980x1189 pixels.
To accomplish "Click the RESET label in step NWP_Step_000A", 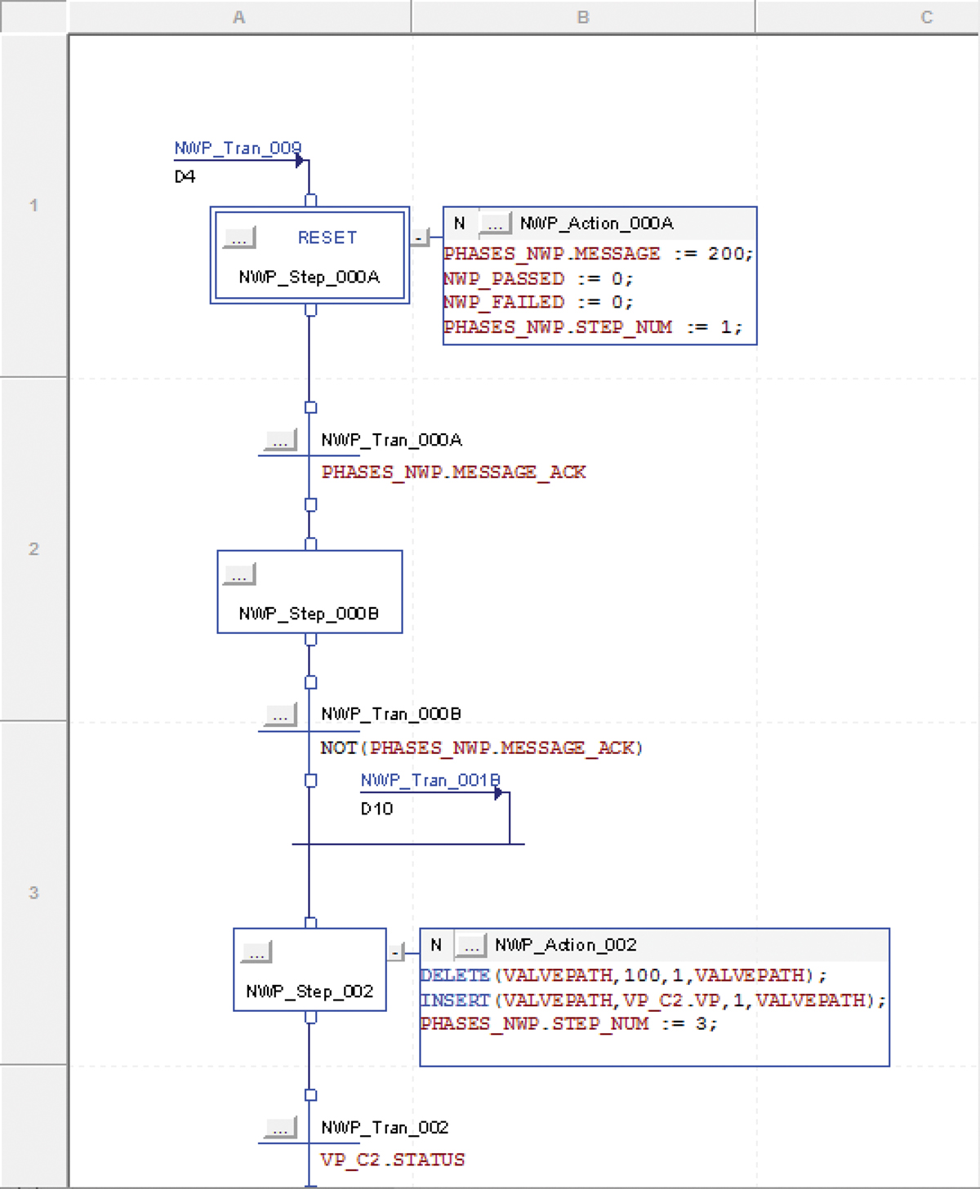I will (327, 237).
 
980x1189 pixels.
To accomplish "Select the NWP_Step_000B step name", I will (309, 614).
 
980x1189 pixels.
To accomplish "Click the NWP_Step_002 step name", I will (310, 992).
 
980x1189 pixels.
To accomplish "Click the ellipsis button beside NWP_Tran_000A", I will (280, 441).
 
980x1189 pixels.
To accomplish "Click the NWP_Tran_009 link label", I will (237, 149).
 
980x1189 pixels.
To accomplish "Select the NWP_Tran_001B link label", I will (430, 781).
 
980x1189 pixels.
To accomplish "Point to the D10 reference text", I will (376, 809).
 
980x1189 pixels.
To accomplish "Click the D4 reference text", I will (185, 177).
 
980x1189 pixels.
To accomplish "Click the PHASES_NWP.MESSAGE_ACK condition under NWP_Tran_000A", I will (453, 472).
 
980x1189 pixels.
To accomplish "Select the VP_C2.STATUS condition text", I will (392, 1160).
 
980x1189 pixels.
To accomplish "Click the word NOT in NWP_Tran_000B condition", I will (338, 748).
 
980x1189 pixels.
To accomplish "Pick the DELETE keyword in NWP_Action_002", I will (455, 975).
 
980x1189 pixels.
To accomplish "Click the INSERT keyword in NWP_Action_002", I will (455, 1000).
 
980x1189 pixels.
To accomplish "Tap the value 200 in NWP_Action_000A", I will (725, 254).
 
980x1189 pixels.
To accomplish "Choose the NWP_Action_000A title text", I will (596, 224).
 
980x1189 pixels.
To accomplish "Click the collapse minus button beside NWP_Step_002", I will (396, 952).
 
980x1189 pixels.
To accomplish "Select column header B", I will (583, 17).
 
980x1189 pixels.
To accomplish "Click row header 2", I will (33, 549).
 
